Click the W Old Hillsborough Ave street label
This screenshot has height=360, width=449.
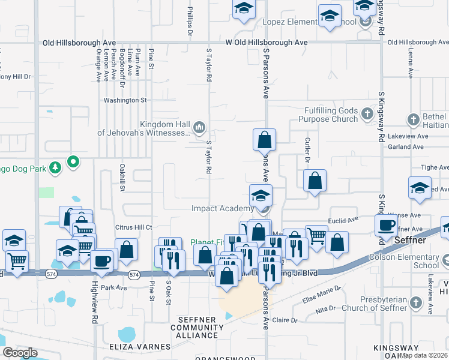267,43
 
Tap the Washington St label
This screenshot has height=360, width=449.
125,100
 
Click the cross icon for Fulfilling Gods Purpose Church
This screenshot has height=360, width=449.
367,113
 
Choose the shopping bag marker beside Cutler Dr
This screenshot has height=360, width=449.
315,180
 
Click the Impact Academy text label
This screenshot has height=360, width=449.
222,208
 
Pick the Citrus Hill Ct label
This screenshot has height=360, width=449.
133,227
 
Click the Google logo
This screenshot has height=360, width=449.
20,353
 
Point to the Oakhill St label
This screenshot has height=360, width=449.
122,178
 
